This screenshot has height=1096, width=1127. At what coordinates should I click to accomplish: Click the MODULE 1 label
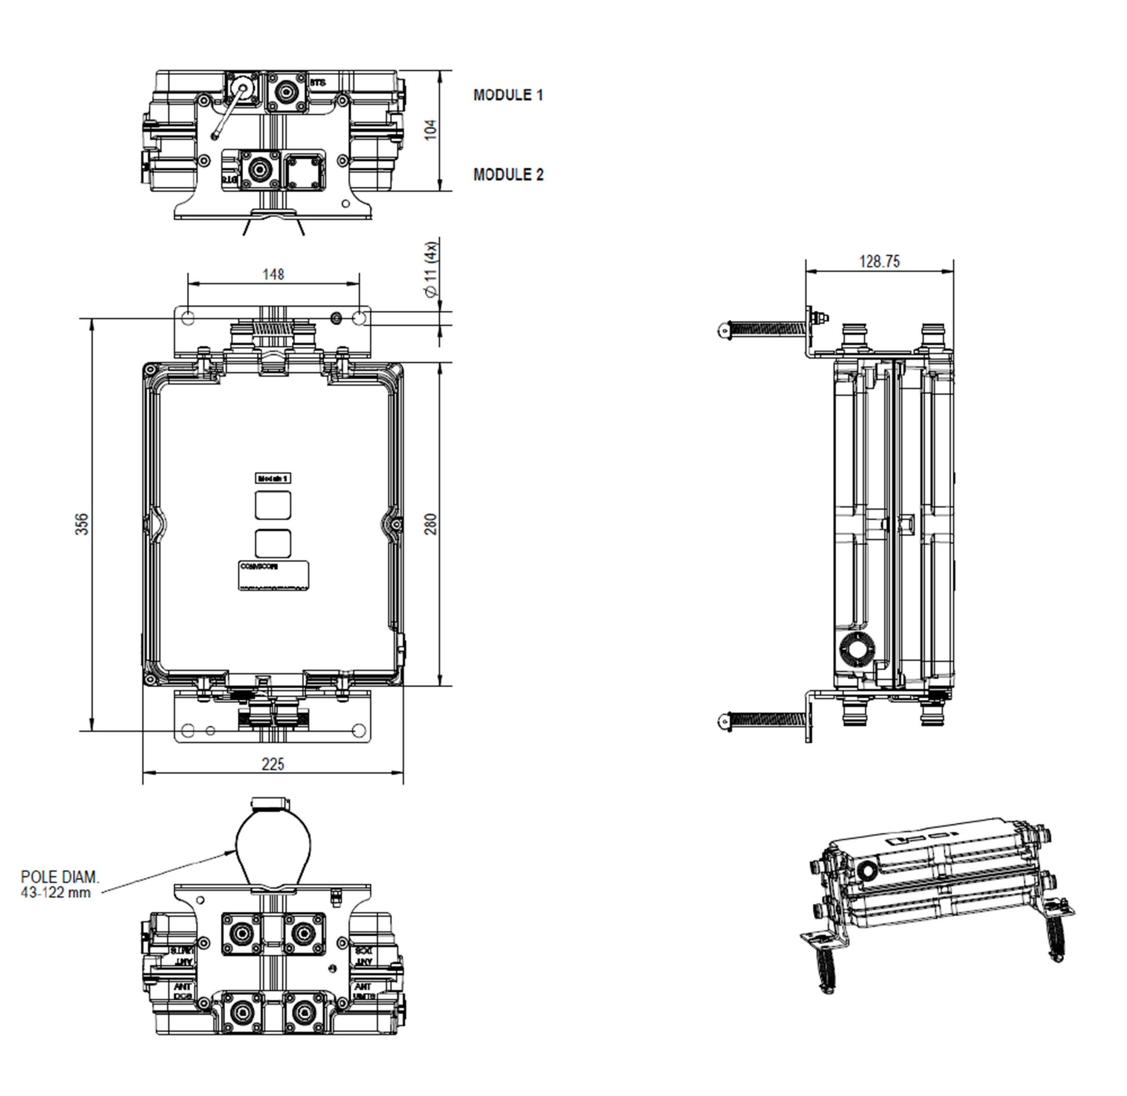coord(508,95)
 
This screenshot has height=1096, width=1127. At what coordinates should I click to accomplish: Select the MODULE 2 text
coord(508,175)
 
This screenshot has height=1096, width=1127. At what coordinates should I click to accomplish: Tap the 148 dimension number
coord(273,274)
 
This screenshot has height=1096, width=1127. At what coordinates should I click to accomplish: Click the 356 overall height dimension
coord(83,524)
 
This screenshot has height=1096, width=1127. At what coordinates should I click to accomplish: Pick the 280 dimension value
coord(431,524)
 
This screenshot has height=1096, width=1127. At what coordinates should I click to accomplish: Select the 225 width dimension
coord(273,764)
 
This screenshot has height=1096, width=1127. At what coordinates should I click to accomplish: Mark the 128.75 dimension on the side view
coord(879,261)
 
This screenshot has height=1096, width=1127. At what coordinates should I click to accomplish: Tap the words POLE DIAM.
coord(60,877)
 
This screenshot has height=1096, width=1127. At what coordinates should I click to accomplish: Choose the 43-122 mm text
coord(56,892)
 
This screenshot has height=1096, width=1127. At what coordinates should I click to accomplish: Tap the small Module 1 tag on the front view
coord(273,478)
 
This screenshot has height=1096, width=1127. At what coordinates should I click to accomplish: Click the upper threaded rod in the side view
coord(766,329)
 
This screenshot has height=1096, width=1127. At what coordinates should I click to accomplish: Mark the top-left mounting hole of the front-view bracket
coord(188,318)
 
